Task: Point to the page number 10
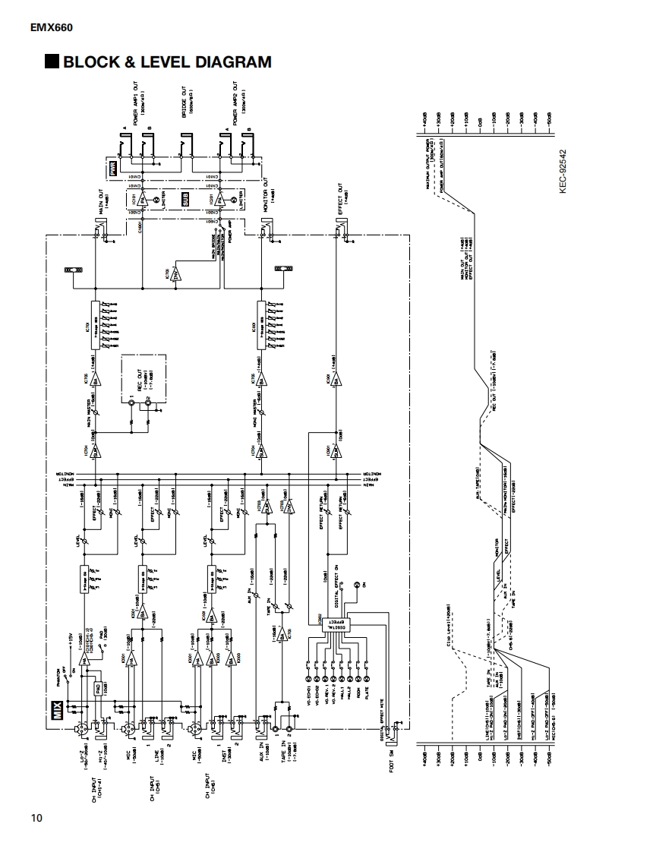tap(36, 818)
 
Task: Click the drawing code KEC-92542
tap(563, 171)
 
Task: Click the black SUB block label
tap(185, 200)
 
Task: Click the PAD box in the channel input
tap(98, 689)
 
